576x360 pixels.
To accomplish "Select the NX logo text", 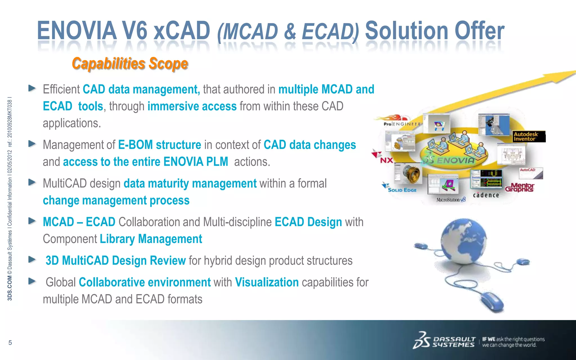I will click(x=386, y=160).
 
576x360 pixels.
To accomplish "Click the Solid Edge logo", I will click(x=402, y=190).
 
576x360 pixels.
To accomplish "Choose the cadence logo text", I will click(x=486, y=195).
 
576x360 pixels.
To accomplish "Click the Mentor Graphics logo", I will click(x=520, y=187).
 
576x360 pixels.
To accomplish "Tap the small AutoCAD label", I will click(x=528, y=170).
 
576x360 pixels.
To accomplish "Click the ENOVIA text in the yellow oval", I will click(x=456, y=160).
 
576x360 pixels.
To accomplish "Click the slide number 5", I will click(x=10, y=343).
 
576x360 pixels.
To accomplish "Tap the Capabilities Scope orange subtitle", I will click(x=130, y=64).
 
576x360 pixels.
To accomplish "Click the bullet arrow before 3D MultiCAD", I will click(x=32, y=259).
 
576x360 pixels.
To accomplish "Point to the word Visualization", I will click(x=267, y=282).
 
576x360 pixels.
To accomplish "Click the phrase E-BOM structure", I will click(x=159, y=145).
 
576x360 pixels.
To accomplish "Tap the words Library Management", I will click(x=151, y=239).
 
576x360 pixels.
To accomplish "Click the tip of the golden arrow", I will click(x=574, y=72).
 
